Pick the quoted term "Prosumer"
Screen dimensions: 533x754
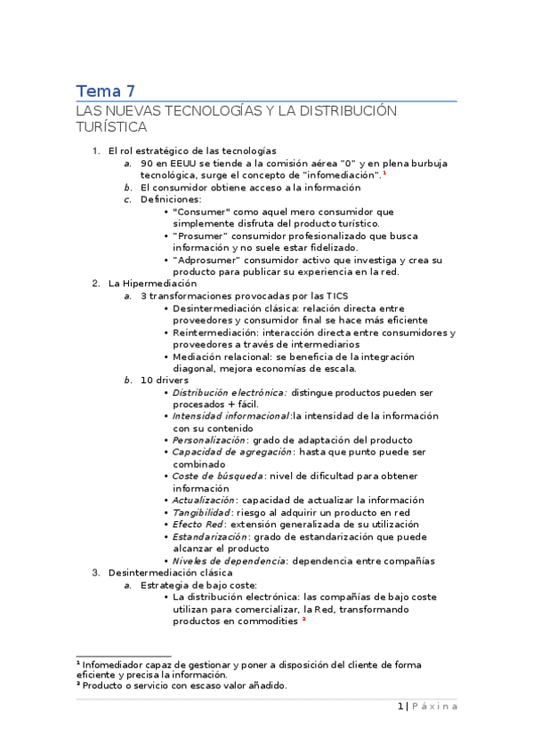204,236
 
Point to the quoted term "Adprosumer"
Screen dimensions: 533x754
210,260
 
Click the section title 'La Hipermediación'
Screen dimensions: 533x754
152,283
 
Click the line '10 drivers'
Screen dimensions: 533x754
164,381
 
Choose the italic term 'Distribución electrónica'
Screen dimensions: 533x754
229,392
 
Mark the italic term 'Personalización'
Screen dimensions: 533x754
210,440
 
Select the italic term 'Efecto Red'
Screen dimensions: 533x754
198,525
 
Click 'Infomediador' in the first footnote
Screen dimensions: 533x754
115,664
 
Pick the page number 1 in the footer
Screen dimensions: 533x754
400,706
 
